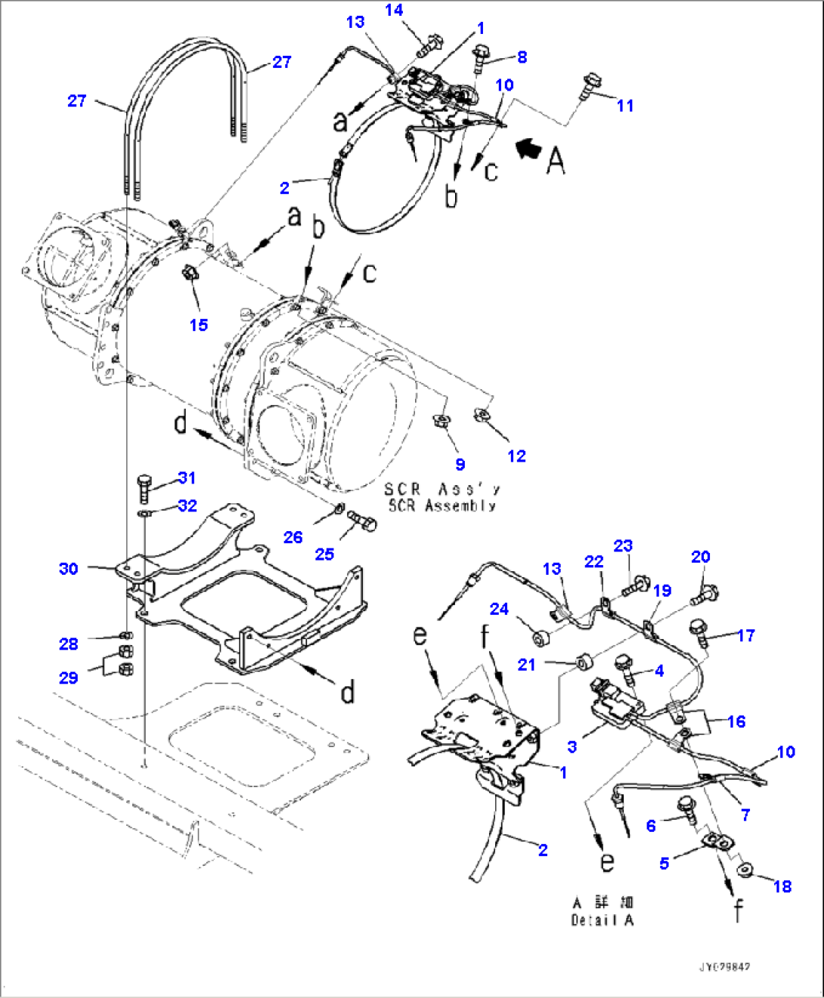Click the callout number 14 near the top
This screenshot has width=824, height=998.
394,10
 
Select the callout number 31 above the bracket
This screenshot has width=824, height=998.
187,477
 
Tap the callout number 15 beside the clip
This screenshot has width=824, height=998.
199,324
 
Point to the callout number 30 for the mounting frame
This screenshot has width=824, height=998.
68,568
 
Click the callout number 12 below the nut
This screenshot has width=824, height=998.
516,456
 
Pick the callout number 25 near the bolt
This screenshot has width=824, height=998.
324,554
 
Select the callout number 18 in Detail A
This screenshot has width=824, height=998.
782,886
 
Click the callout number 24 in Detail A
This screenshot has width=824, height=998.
499,608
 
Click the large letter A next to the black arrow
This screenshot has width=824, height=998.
556,160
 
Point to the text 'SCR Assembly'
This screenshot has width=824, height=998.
442,505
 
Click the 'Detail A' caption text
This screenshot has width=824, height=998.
603,919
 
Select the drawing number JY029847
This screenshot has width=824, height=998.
724,967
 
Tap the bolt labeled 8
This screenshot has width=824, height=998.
481,57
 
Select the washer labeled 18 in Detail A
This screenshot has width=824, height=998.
745,871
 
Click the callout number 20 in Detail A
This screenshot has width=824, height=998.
700,557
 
